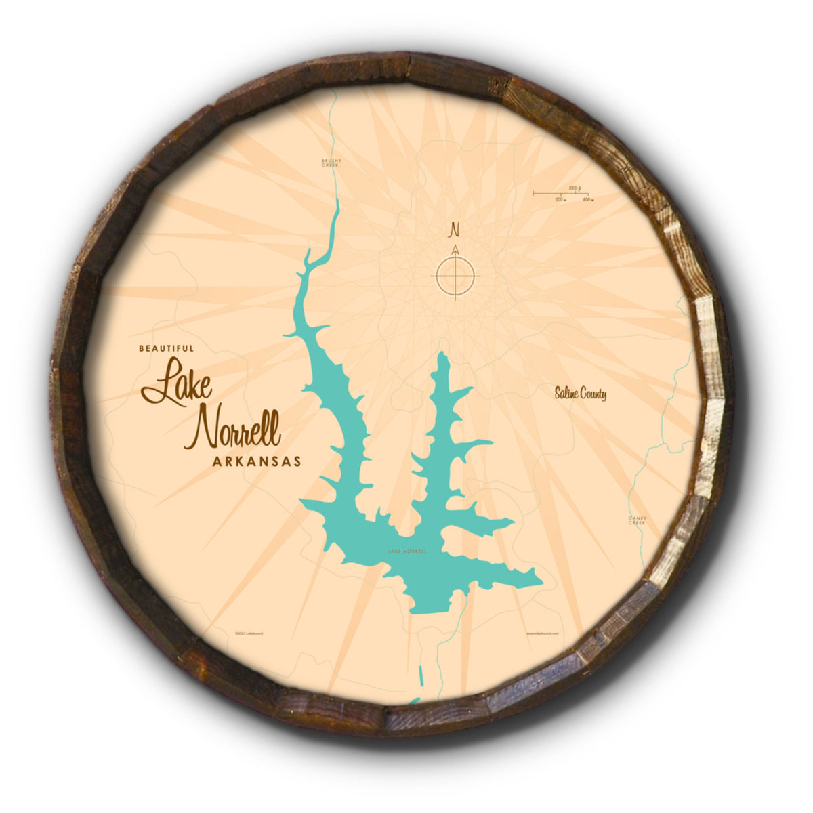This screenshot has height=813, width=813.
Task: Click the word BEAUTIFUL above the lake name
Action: point(166,348)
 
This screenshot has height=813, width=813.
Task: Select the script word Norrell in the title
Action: point(234,431)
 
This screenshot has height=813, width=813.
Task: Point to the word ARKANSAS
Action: point(256,461)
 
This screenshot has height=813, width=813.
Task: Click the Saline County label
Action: point(580,394)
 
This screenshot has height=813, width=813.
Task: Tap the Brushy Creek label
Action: point(330,163)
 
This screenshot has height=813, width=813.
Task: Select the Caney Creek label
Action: point(638,520)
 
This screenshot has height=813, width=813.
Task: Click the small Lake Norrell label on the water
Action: point(407,551)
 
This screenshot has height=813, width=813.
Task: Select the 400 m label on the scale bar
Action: point(587,200)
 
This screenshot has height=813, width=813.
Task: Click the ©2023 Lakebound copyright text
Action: point(249,633)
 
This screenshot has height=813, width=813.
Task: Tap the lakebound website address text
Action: point(542,633)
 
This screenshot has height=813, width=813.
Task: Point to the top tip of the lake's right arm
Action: point(444,354)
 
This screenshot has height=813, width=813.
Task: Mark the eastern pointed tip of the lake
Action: point(541,580)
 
